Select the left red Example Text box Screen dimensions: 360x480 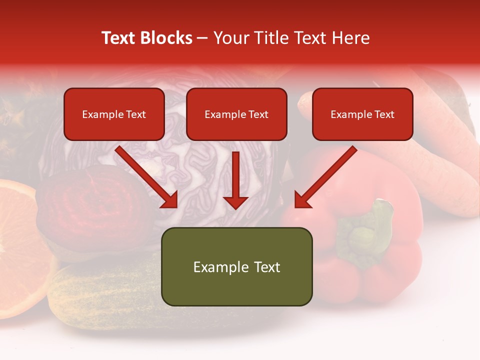[114, 114]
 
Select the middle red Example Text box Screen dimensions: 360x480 [236, 114]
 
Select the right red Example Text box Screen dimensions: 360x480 [362, 114]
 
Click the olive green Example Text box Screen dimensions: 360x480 [236, 266]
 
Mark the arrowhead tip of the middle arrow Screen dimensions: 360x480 [235, 208]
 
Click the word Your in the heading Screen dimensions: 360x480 [231, 38]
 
